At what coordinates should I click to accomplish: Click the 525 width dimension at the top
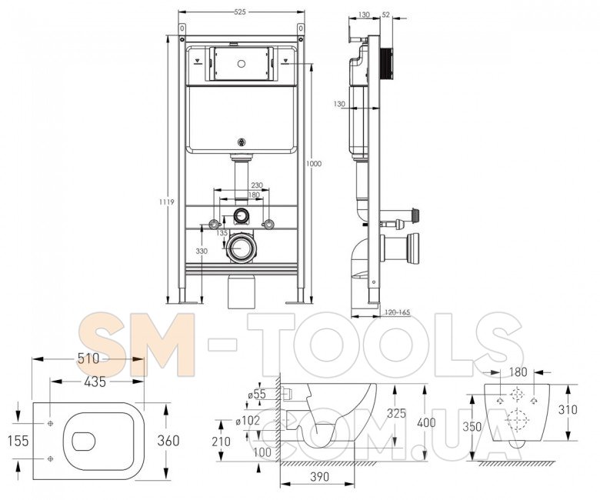[239, 12]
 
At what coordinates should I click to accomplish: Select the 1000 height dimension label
[314, 163]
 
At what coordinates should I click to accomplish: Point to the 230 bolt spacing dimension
[257, 185]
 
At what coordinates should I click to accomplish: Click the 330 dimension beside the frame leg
[202, 251]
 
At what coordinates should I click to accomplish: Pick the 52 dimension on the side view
[385, 15]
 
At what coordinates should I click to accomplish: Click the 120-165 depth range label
[397, 312]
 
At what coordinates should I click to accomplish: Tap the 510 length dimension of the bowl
[88, 358]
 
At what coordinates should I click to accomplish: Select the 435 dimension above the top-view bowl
[95, 382]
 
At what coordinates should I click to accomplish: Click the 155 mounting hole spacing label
[18, 441]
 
